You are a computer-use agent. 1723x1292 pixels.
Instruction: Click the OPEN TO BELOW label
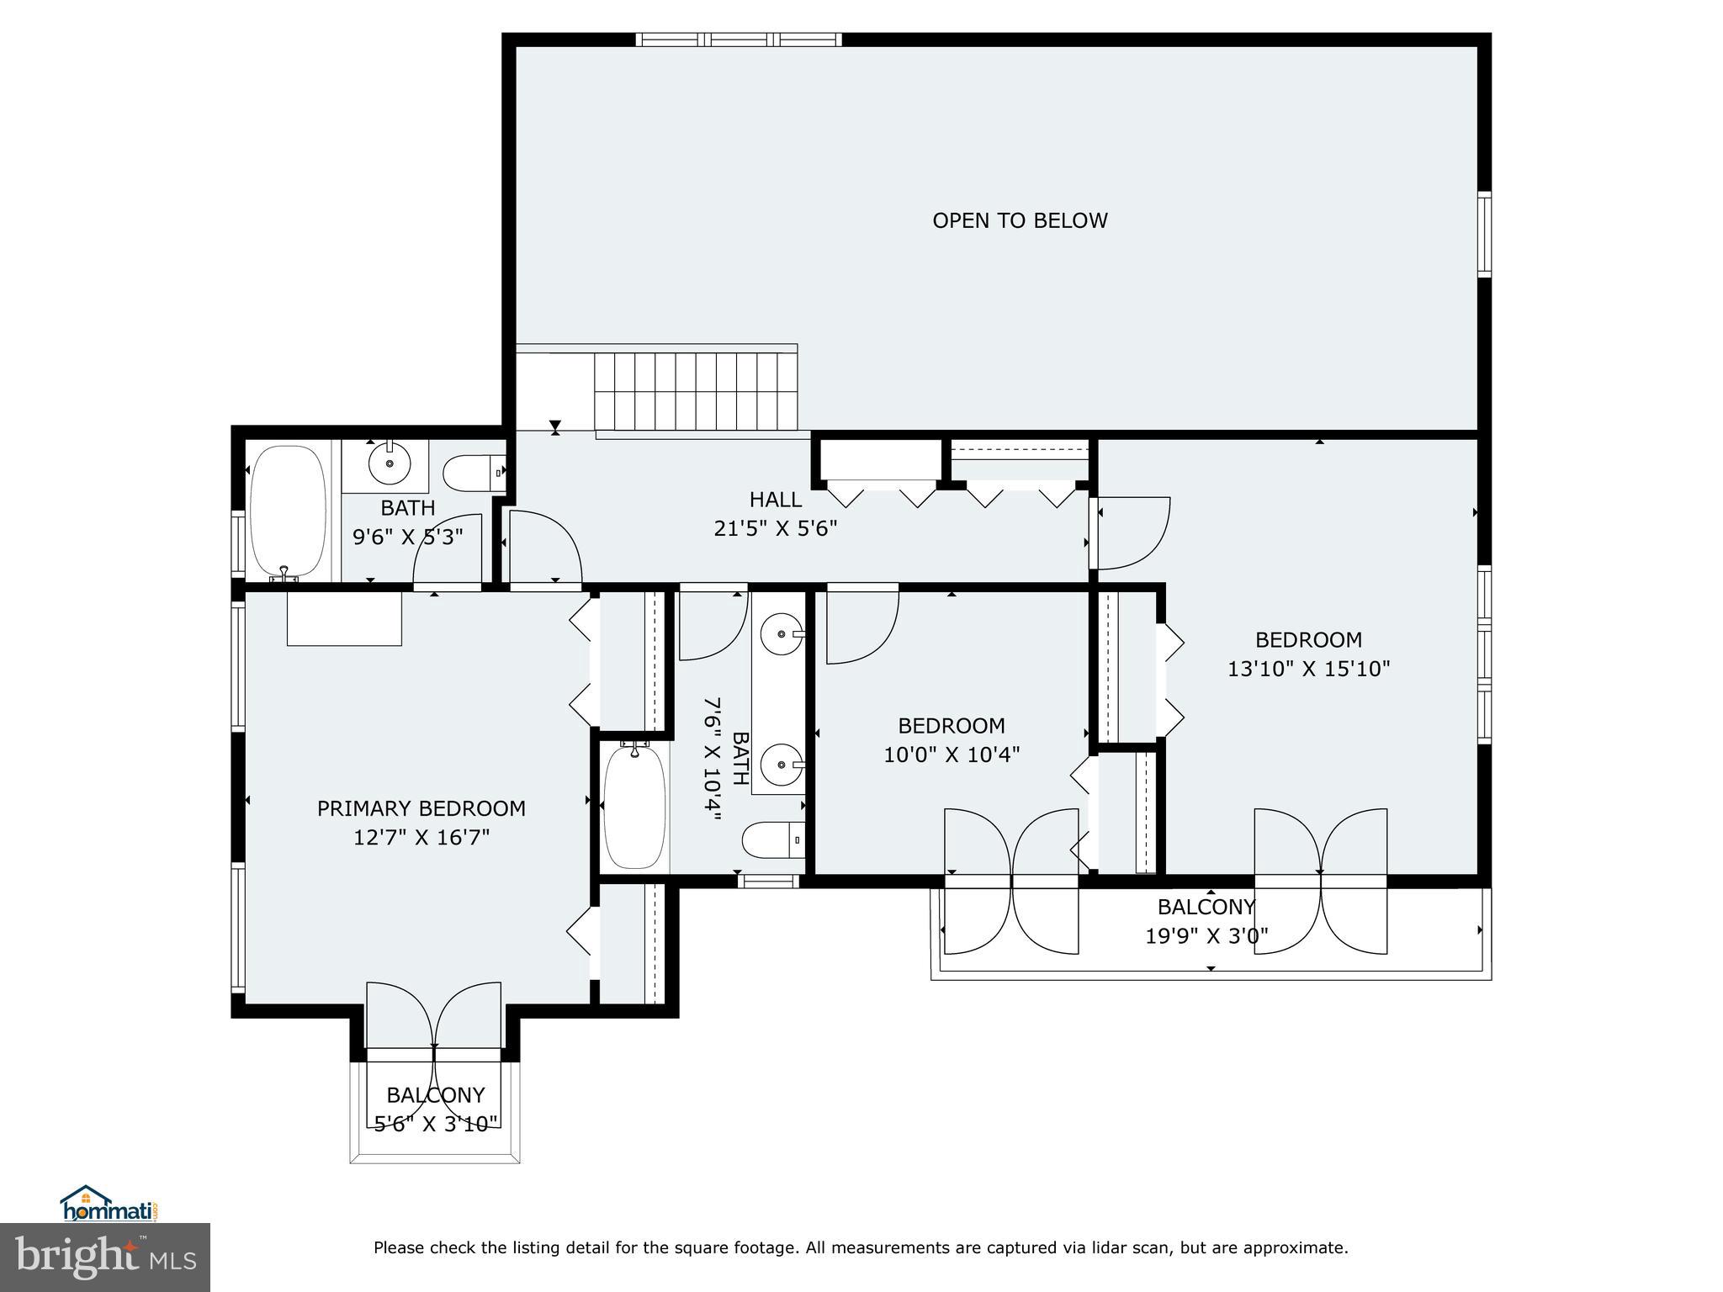tap(1020, 220)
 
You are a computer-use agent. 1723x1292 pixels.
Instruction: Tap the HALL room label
tap(775, 500)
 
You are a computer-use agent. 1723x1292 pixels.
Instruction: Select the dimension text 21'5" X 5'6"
tap(775, 529)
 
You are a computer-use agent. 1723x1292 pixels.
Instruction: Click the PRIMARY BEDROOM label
tap(421, 808)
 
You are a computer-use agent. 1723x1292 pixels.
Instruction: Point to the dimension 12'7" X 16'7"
tap(421, 838)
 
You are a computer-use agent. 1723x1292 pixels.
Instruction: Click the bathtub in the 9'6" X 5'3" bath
tap(289, 511)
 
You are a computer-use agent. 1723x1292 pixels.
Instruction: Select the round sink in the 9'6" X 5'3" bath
tap(389, 463)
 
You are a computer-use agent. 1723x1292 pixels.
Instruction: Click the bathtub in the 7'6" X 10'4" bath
tap(635, 807)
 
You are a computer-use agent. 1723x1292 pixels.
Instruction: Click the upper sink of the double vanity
tap(782, 633)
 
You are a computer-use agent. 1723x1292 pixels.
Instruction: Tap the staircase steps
tap(696, 390)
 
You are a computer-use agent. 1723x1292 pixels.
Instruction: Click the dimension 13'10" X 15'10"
tap(1308, 670)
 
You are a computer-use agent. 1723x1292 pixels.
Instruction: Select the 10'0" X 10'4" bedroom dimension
tap(951, 755)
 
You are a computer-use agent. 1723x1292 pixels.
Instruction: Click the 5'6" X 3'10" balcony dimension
tap(436, 1124)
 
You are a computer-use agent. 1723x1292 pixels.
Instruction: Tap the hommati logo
tap(109, 1205)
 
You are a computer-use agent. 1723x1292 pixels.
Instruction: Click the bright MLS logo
tap(104, 1258)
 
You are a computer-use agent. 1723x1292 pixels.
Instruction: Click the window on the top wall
tap(738, 40)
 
